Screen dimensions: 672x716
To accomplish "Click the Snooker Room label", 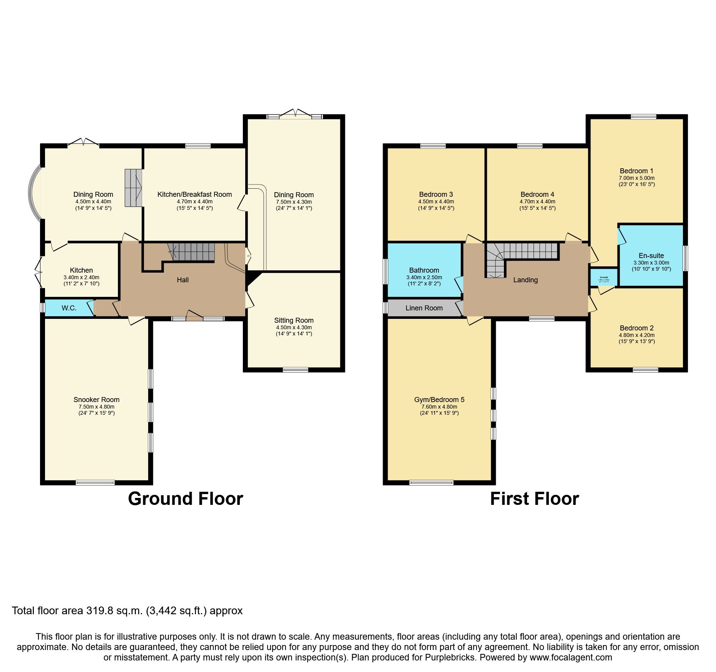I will point(96,400).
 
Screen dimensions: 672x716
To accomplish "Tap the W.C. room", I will point(69,308).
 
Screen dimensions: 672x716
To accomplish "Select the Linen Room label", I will point(424,308).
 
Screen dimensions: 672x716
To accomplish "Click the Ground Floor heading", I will point(185,499).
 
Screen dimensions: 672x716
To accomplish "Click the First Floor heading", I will point(534,499).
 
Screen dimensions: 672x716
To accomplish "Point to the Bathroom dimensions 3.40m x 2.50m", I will point(424,277).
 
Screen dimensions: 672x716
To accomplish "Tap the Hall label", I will point(182,280).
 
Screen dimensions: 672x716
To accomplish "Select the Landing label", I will point(525,280).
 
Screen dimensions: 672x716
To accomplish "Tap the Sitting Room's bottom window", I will point(295,370).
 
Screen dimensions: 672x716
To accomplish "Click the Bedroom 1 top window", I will point(643,117).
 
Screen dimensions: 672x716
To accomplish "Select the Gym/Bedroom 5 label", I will point(439,400).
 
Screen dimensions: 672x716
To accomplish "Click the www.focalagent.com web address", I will point(570,657).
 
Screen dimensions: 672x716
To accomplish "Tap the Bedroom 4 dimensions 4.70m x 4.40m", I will point(537,201).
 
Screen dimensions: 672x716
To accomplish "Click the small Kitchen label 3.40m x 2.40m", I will point(81,277).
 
